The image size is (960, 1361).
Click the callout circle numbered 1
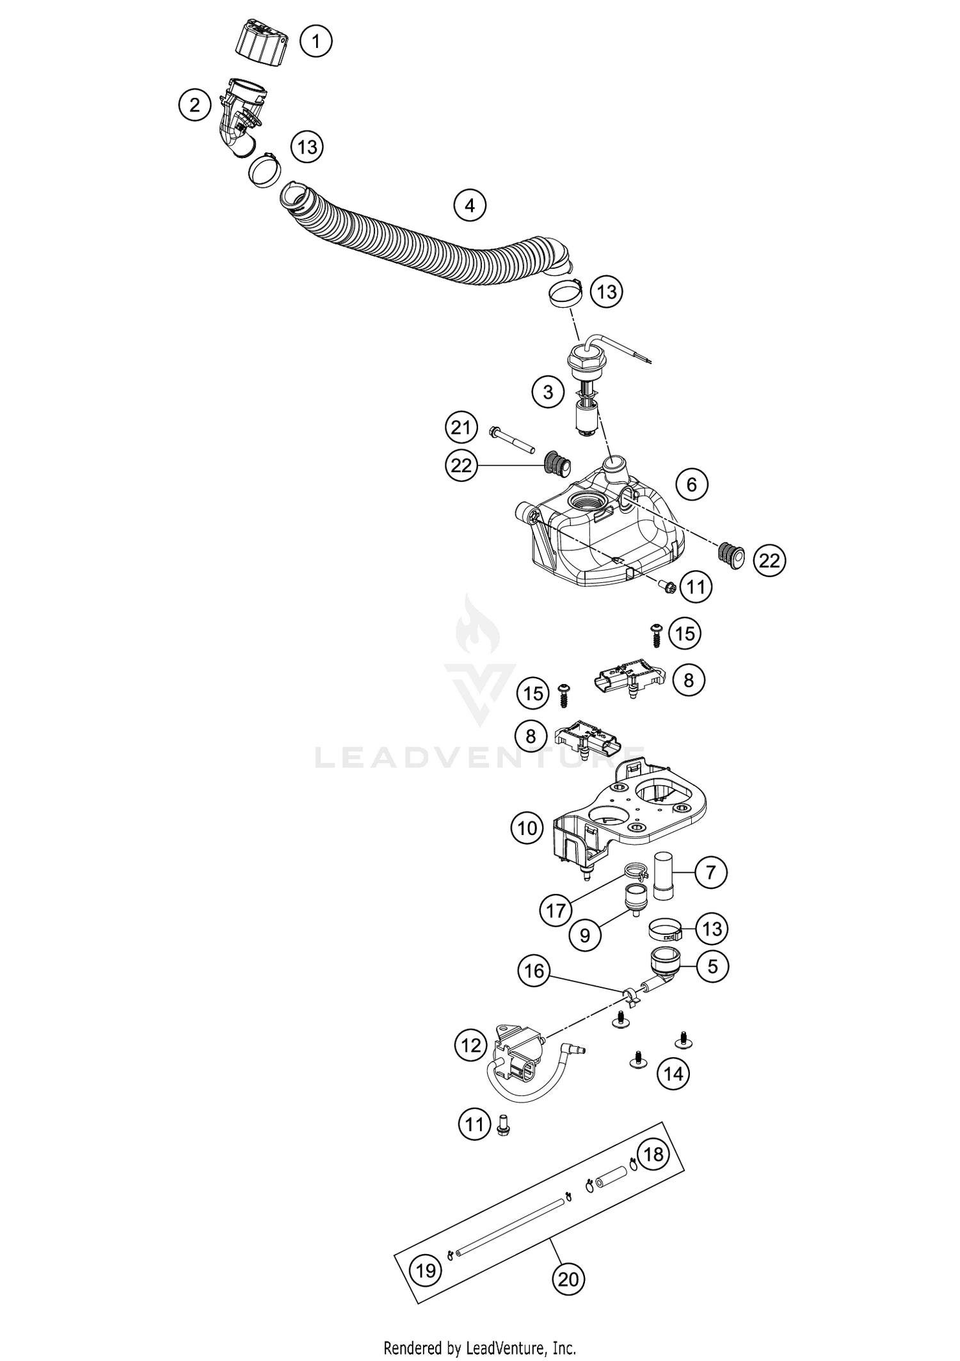[316, 42]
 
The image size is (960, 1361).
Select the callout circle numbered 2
[195, 104]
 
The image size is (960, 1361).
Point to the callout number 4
[470, 205]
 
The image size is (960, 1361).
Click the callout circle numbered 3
[548, 392]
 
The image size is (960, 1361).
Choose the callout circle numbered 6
[691, 484]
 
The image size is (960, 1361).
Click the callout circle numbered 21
[461, 427]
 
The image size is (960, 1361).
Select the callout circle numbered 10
[527, 829]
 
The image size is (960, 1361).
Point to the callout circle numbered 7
[710, 872]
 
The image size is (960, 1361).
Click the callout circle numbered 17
[556, 909]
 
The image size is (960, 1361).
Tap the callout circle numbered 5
[712, 966]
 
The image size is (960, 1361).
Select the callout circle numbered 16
[534, 971]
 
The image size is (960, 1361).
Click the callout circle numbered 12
[471, 1046]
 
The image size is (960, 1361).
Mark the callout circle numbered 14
[673, 1073]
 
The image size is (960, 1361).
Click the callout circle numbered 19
[426, 1270]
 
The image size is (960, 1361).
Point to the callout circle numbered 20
[568, 1279]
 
